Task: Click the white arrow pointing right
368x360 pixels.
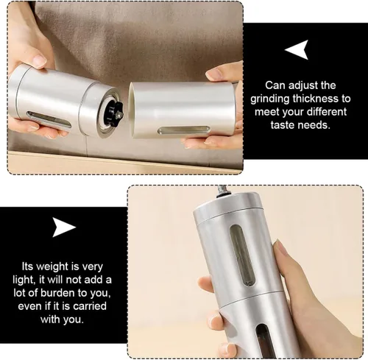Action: [x=63, y=227]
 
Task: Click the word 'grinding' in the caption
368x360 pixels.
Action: [x=269, y=99]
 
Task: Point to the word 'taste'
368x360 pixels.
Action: [x=284, y=125]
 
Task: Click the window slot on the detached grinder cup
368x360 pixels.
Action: [x=183, y=130]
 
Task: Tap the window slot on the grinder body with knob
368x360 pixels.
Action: [x=49, y=119]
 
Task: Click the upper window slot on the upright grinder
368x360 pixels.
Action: [x=242, y=255]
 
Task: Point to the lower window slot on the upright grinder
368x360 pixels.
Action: [x=263, y=342]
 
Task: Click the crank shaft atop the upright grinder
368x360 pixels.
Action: [x=223, y=191]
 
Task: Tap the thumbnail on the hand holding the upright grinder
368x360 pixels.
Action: [x=279, y=247]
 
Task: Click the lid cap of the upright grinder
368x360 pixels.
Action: [x=226, y=205]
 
